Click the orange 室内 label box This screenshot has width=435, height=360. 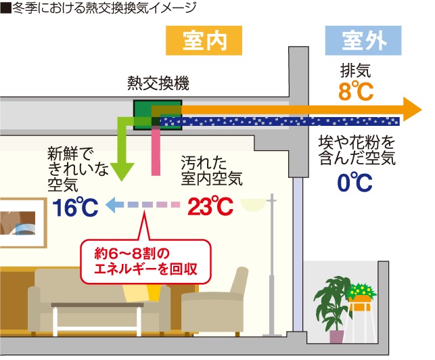click(204, 41)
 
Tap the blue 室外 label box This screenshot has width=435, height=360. click(365, 41)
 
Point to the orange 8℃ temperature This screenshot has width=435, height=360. click(356, 91)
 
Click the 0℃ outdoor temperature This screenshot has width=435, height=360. click(354, 182)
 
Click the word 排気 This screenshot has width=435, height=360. click(355, 70)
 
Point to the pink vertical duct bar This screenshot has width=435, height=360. click(156, 153)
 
